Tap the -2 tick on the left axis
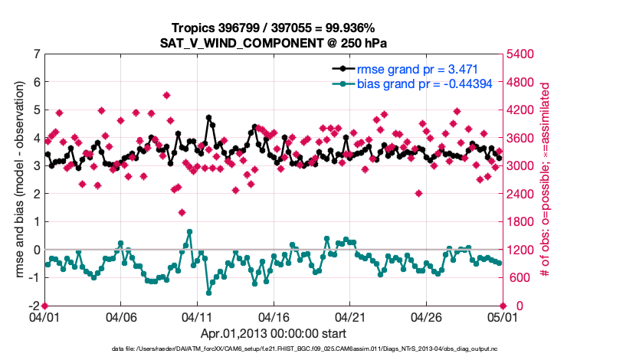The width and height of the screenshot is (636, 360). (x=34, y=306)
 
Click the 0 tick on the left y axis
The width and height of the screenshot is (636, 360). (x=36, y=250)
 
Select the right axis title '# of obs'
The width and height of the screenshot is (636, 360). (x=546, y=179)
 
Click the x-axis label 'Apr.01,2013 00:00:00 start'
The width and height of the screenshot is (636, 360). (x=273, y=334)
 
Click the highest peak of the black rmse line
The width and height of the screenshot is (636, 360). (x=208, y=118)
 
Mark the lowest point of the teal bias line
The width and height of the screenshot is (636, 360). (x=208, y=293)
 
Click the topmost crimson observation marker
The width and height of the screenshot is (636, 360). (x=166, y=95)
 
